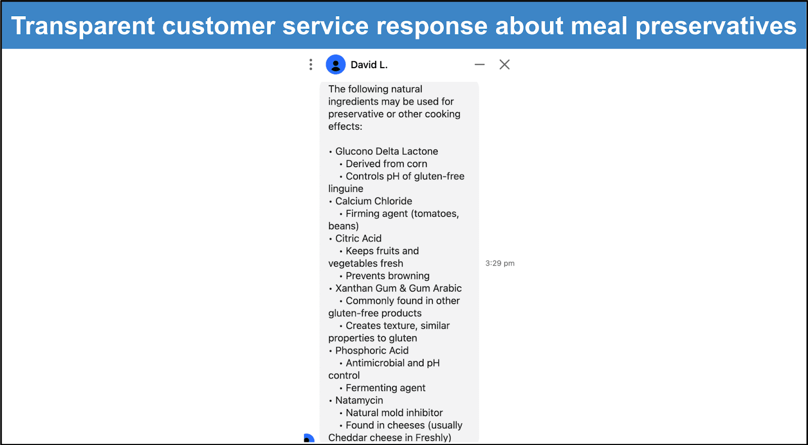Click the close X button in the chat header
504,65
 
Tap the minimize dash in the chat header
479,65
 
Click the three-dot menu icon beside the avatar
311,65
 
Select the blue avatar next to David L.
335,65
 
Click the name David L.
369,65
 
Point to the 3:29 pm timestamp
500,263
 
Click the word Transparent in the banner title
83,26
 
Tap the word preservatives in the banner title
716,26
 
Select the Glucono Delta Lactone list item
386,151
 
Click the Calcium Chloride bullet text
373,201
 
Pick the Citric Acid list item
358,238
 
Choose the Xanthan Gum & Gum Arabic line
398,288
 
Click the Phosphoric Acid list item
372,351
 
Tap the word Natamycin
359,400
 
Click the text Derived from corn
386,164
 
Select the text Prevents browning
387,276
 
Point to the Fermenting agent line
386,388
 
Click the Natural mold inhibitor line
394,413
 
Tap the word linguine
345,189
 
